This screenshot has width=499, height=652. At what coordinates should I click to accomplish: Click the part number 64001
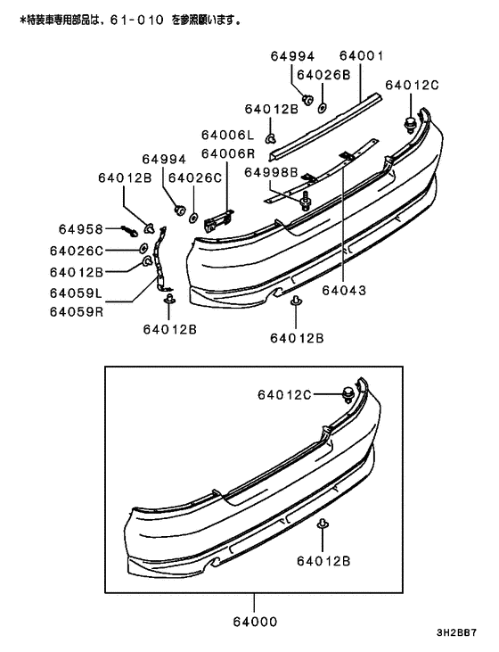click(x=362, y=56)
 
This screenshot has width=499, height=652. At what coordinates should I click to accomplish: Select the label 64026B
click(x=323, y=75)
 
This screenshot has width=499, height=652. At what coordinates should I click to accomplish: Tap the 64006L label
click(x=227, y=136)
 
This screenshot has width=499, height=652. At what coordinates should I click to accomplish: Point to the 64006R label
click(x=227, y=153)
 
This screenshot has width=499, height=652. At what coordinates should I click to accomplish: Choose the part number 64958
click(x=81, y=229)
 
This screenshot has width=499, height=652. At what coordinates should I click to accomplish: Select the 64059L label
click(x=76, y=292)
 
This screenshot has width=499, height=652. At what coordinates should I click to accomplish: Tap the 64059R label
click(x=76, y=311)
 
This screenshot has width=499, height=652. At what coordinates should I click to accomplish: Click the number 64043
click(x=344, y=290)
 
